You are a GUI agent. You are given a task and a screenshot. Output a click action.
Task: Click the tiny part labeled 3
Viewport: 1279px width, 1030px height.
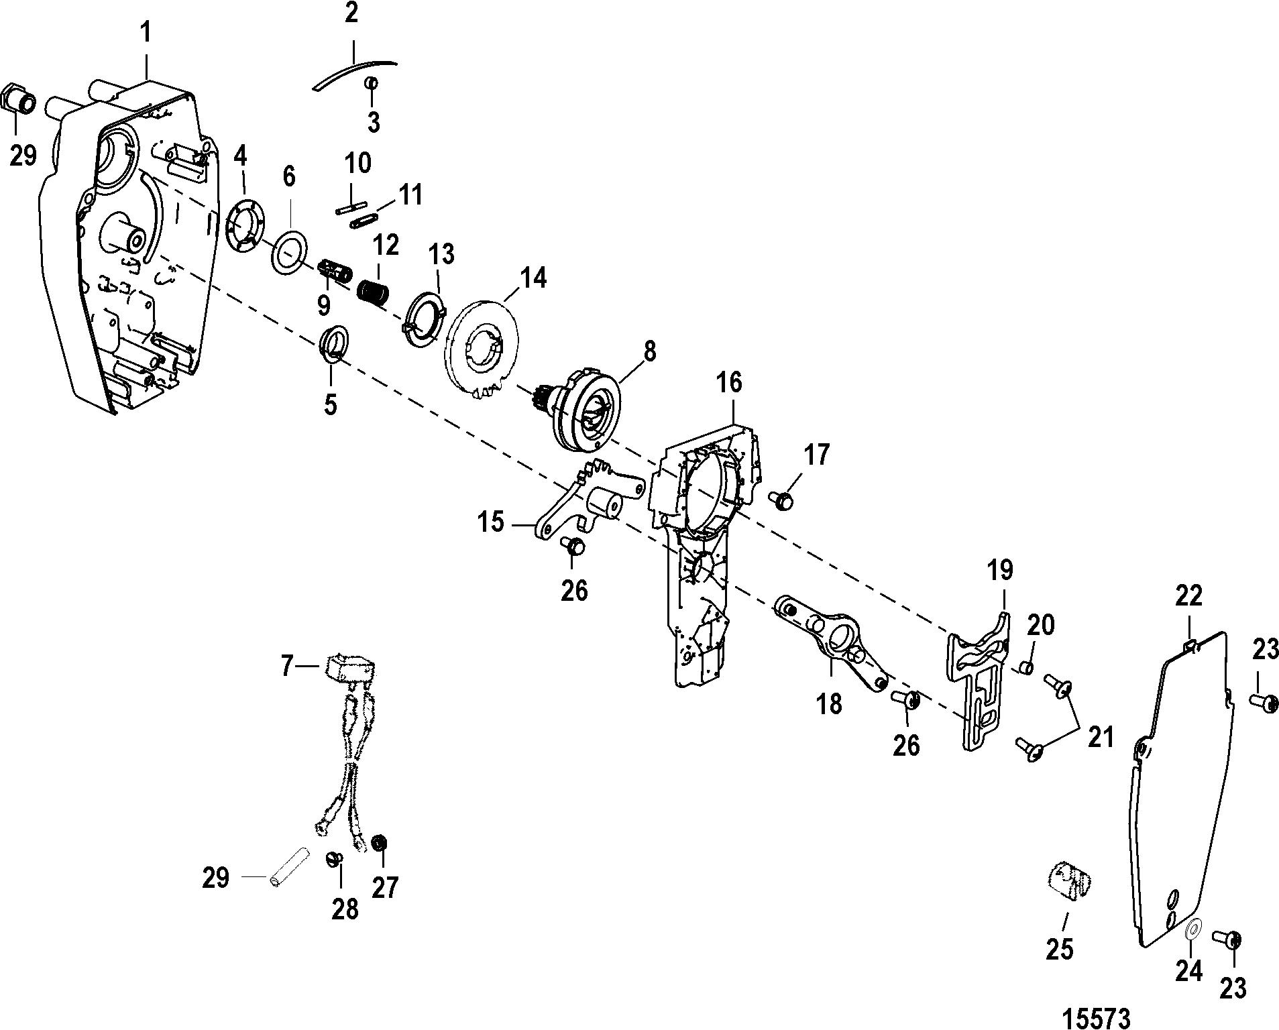(371, 84)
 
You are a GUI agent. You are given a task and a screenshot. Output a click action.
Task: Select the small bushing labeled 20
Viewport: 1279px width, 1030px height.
(1025, 668)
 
